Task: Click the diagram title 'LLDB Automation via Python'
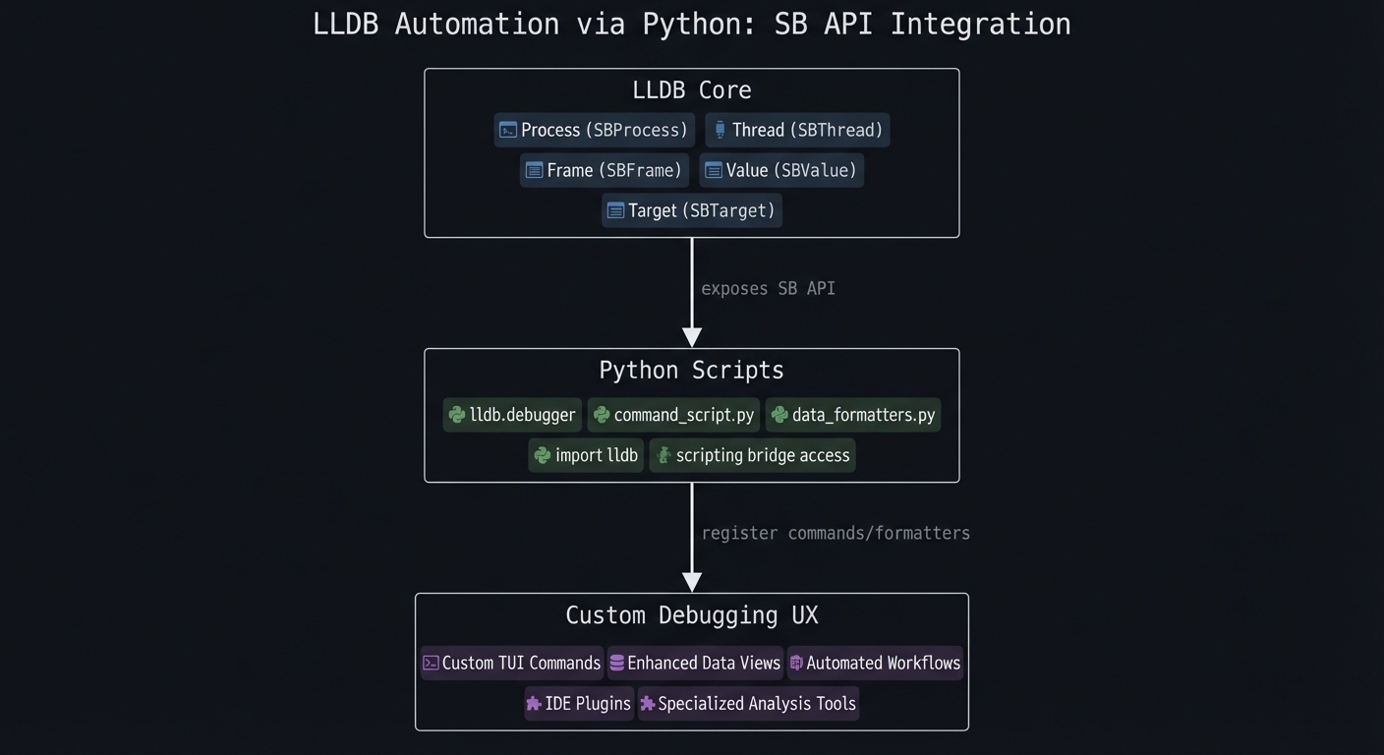[x=691, y=25]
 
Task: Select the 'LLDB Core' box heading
[x=691, y=90]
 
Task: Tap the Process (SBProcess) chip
[x=594, y=130]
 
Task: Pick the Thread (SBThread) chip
[x=797, y=130]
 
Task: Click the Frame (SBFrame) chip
[x=604, y=170]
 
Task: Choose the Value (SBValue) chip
[x=781, y=170]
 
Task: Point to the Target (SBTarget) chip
[x=691, y=210]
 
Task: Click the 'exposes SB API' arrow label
[x=768, y=288]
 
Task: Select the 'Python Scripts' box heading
[x=691, y=371]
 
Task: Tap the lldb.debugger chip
[x=512, y=415]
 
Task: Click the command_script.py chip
[x=673, y=415]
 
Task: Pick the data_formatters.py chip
[x=852, y=415]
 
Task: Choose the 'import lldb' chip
[x=586, y=455]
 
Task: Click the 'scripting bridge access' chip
[x=752, y=455]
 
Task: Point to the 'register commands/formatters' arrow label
[x=836, y=533]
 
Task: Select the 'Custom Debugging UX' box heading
[x=691, y=615]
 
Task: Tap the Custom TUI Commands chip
[x=511, y=663]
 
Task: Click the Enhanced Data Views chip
[x=694, y=663]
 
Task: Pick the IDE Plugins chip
[x=578, y=703]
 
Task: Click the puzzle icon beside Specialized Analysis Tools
[x=648, y=704]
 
